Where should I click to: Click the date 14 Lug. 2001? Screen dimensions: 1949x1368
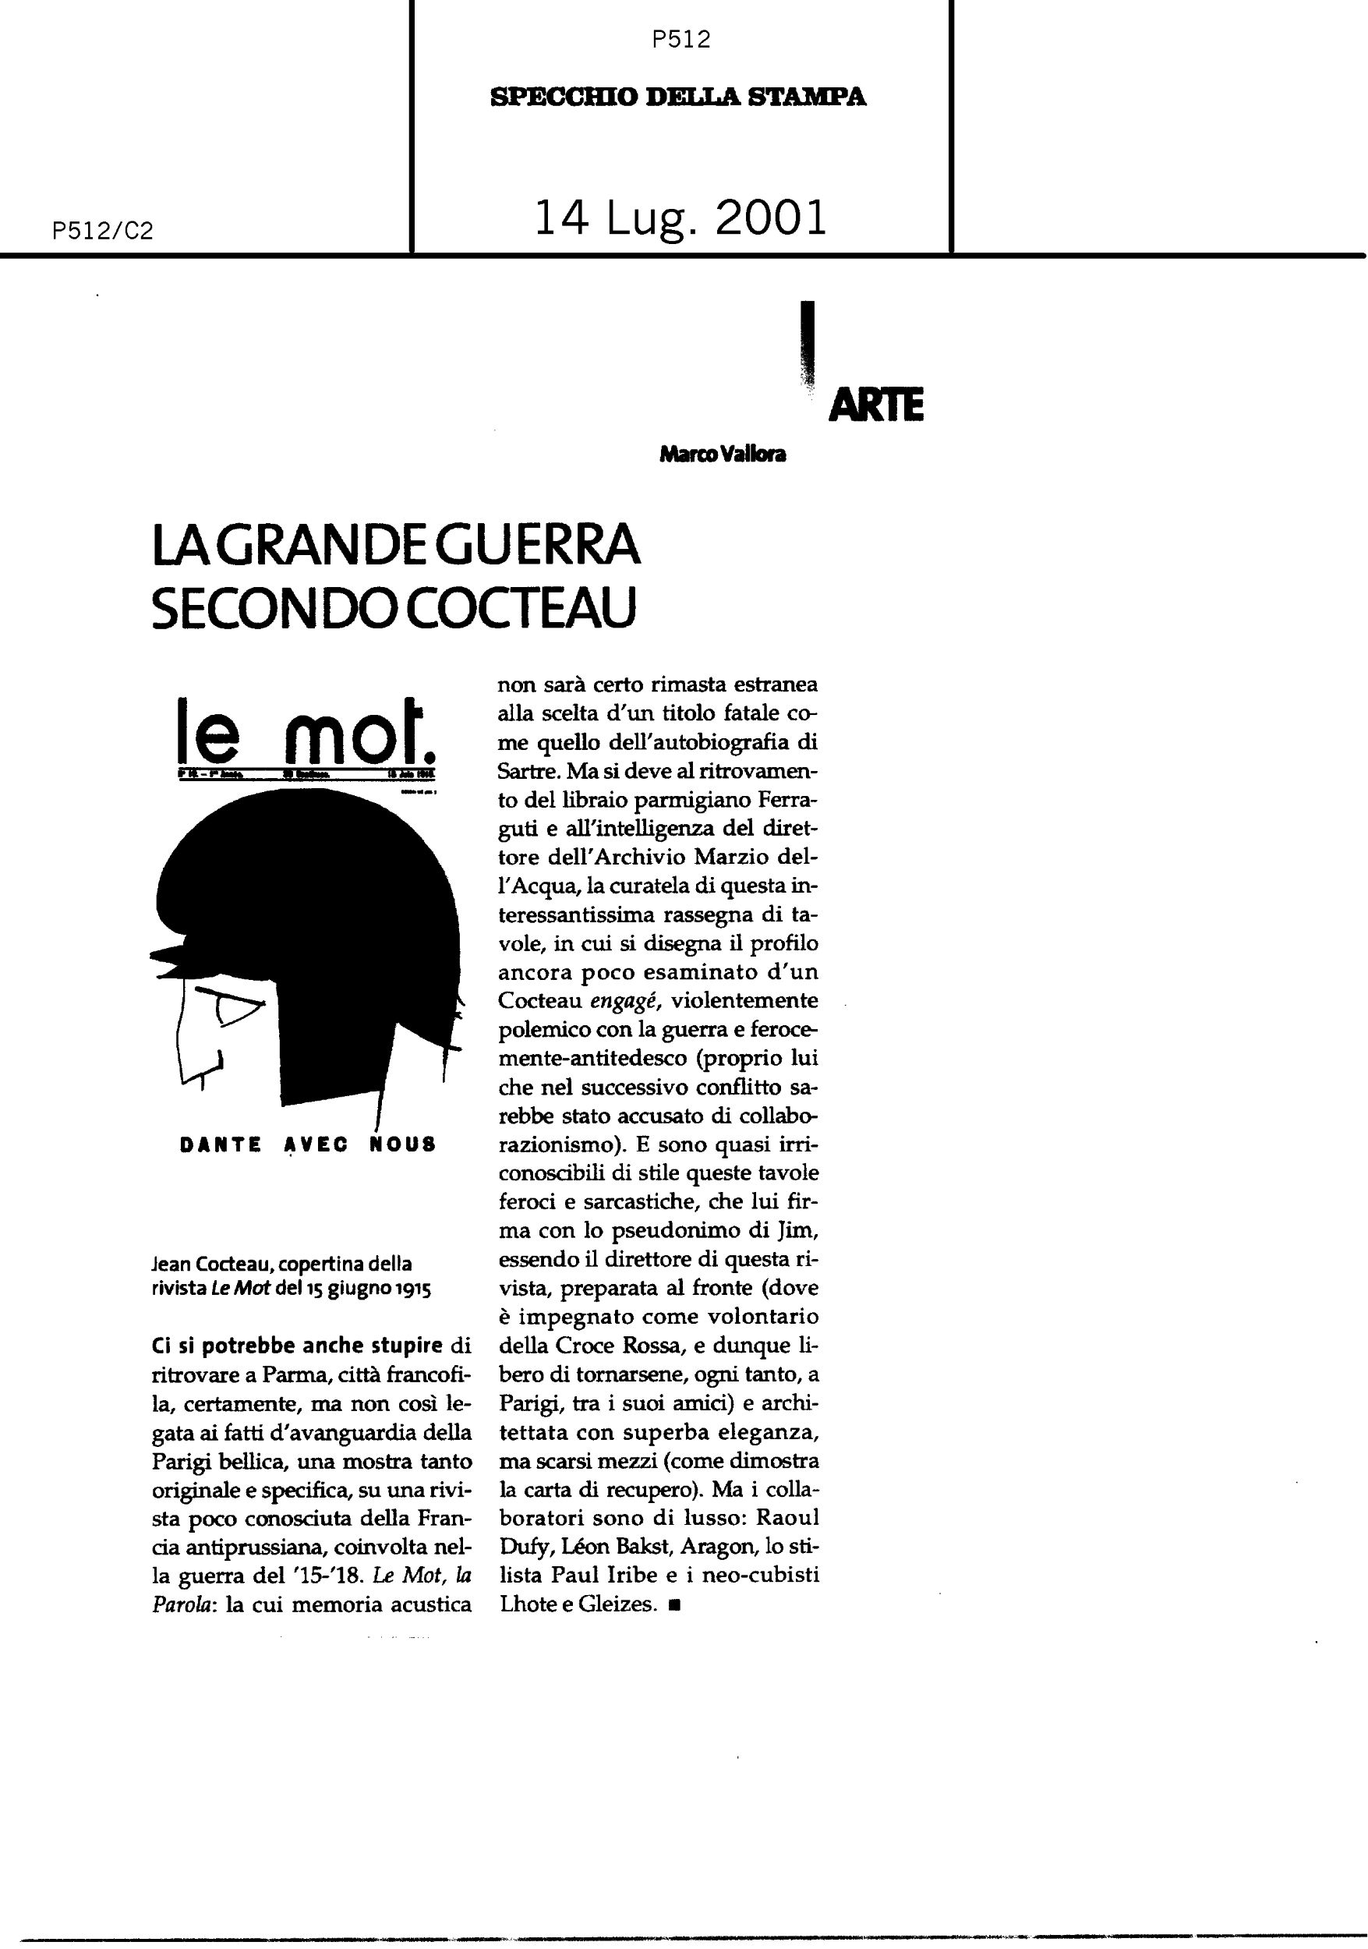pyautogui.click(x=680, y=218)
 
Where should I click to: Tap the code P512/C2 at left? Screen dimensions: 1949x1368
pyautogui.click(x=102, y=231)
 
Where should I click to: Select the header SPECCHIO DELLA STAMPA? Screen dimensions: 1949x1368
pyautogui.click(x=678, y=97)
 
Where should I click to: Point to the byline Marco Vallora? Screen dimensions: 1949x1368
pyautogui.click(x=722, y=455)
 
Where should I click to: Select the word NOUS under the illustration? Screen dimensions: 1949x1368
pyautogui.click(x=402, y=1144)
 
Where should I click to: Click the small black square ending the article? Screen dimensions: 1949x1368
pyautogui.click(x=673, y=1605)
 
